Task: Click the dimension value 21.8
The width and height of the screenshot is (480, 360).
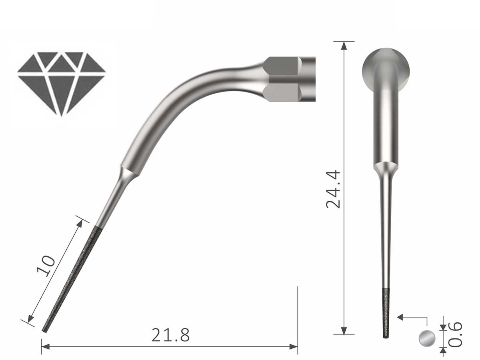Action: pyautogui.click(x=170, y=335)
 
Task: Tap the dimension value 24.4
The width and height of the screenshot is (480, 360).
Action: pyautogui.click(x=333, y=189)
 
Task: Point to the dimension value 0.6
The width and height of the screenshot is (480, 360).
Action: pyautogui.click(x=456, y=334)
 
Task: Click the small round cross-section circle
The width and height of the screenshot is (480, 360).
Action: pyautogui.click(x=426, y=338)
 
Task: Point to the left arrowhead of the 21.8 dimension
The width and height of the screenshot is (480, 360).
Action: pyautogui.click(x=45, y=346)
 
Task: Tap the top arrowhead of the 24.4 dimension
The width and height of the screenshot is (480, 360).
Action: pyautogui.click(x=344, y=44)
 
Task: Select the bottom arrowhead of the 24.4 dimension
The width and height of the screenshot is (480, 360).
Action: pyautogui.click(x=344, y=331)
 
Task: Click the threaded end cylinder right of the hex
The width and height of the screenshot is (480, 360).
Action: pyautogui.click(x=308, y=79)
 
